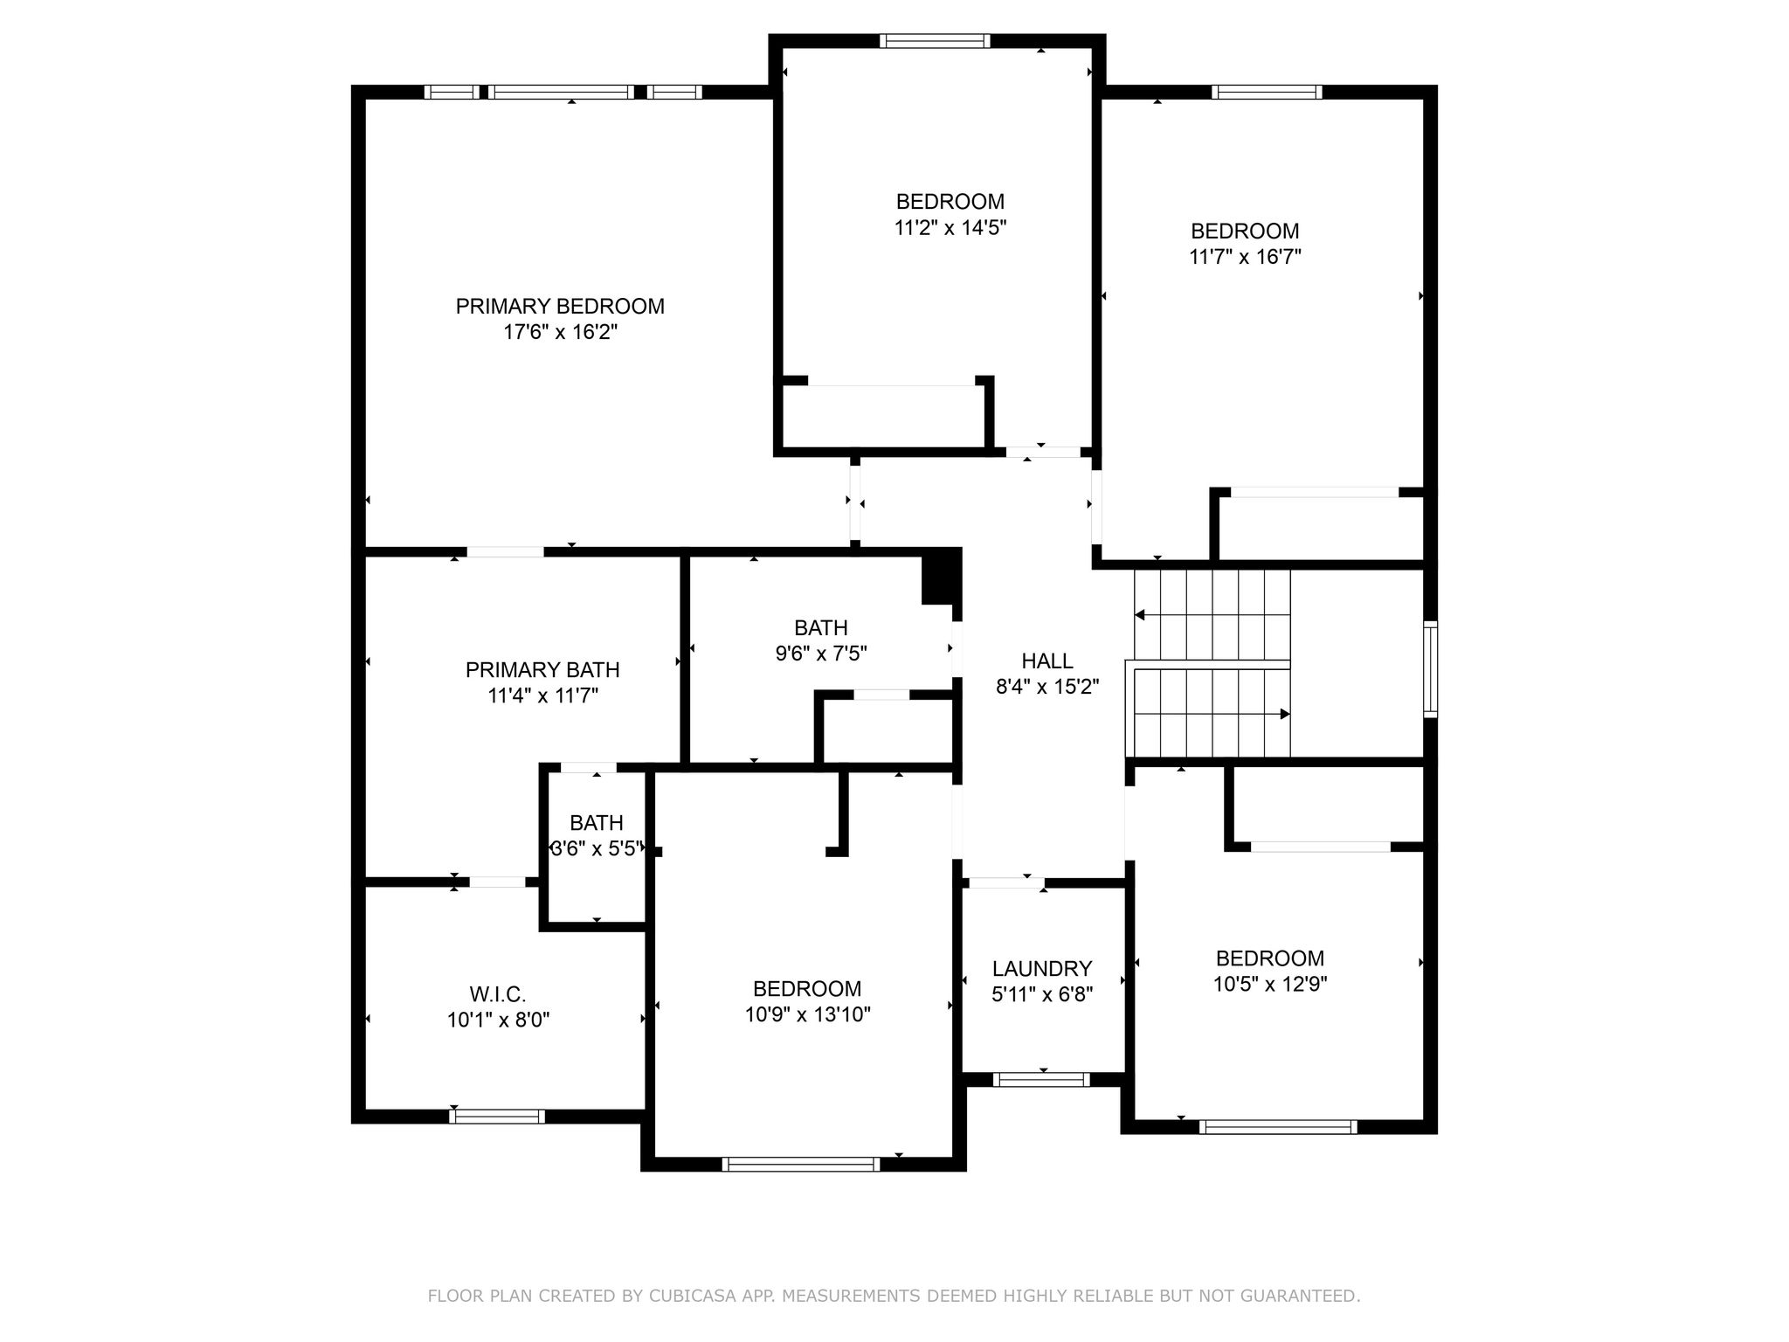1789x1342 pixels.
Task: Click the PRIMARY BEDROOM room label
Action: pos(560,307)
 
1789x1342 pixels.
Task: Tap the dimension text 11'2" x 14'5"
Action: pos(950,228)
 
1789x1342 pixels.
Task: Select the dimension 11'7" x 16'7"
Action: pos(1245,257)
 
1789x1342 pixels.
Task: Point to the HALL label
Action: pos(1047,661)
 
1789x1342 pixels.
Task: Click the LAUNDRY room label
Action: pos(1042,969)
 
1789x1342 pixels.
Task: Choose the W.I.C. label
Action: pos(498,994)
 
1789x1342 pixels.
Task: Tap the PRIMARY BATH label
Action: pos(542,670)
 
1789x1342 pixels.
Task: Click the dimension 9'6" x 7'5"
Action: pos(821,654)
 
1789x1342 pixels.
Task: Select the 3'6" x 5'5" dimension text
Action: pos(597,848)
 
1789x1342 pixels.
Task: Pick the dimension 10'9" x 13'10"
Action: pos(808,1014)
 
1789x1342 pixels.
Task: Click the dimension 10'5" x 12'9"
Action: pos(1270,984)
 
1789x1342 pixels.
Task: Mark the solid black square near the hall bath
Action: pos(942,576)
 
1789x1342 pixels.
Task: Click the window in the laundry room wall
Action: pos(1042,1080)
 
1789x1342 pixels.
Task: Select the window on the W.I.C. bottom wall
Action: pos(497,1116)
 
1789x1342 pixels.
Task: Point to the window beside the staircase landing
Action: pos(1430,669)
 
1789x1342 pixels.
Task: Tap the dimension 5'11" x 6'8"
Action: pos(1042,994)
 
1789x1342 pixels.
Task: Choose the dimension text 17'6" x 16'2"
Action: pos(561,332)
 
